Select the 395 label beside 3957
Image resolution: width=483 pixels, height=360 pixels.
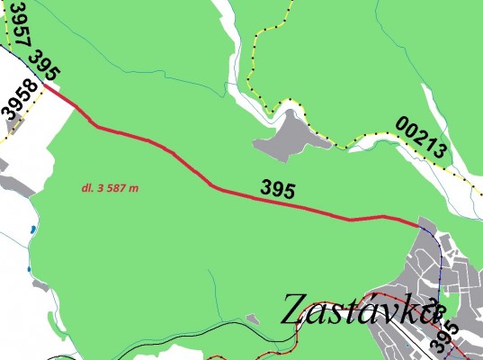click(44, 63)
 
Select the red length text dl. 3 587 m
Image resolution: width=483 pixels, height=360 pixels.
click(108, 188)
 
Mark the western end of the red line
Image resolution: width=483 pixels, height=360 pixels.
click(44, 85)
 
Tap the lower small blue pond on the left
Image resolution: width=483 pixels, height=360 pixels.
click(30, 268)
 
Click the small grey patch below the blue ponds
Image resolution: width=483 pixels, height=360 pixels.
click(40, 285)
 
